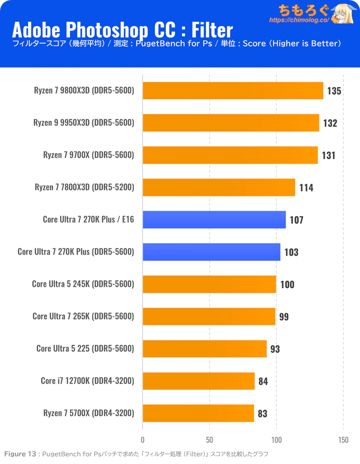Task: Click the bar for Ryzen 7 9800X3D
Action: (233, 91)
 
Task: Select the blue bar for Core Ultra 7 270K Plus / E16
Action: (214, 220)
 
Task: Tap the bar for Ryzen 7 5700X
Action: (198, 413)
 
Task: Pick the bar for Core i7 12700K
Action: (198, 381)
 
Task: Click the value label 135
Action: (334, 91)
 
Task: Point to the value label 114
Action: (306, 187)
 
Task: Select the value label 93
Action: (275, 349)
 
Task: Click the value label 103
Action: (291, 252)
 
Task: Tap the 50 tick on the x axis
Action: (209, 440)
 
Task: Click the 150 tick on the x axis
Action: (343, 440)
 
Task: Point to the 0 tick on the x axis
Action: (143, 440)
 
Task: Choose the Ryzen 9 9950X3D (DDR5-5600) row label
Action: (84, 123)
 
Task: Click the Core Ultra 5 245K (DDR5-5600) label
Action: (83, 284)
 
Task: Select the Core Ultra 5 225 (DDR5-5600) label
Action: (85, 348)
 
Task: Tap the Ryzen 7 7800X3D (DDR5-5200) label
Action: (84, 187)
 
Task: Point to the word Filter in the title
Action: (211, 30)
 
